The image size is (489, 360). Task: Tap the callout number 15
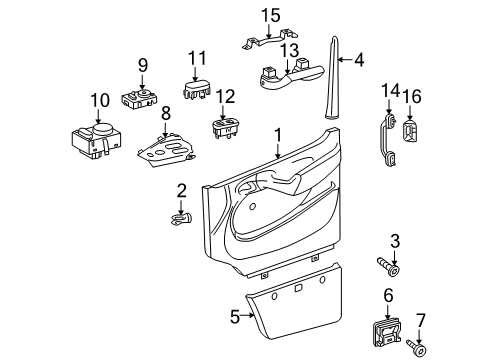[x=267, y=15]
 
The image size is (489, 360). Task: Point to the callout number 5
[x=235, y=317]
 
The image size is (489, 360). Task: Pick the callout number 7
[x=421, y=321]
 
